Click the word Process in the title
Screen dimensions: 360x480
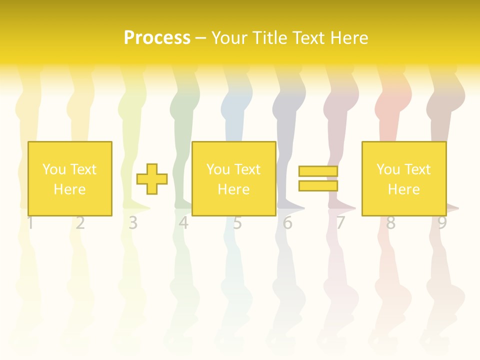157,38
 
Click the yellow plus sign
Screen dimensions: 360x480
152,179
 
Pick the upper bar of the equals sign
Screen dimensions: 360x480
318,171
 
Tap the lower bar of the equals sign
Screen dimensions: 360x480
318,185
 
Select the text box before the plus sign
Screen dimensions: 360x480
69,178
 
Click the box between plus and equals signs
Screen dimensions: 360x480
233,178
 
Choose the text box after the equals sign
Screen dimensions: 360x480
403,178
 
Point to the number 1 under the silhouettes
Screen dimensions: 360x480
30,223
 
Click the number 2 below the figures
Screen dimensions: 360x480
80,223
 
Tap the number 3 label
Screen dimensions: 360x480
132,223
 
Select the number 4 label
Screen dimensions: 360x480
183,223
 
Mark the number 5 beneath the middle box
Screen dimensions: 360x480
237,223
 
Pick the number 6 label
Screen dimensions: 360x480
287,223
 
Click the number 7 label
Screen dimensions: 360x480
340,223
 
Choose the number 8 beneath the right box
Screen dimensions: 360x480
390,223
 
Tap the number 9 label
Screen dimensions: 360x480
442,223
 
